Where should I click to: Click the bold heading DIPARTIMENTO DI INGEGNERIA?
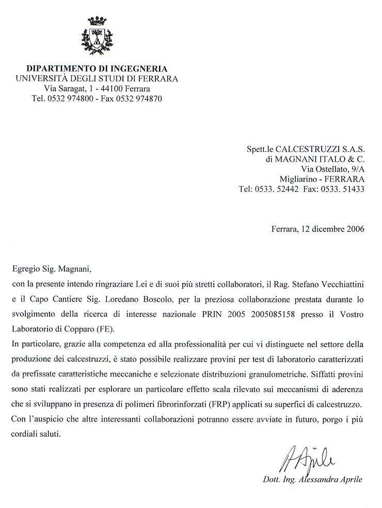(x=97, y=69)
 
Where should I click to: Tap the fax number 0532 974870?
(x=140, y=98)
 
